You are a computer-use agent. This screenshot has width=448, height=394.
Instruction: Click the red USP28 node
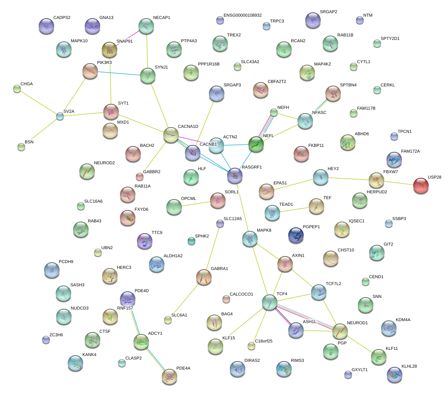point(421,186)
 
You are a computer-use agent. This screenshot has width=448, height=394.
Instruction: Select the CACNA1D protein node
point(171,135)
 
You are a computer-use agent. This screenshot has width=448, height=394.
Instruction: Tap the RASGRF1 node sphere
point(235,175)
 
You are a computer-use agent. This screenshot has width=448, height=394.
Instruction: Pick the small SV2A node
point(60,116)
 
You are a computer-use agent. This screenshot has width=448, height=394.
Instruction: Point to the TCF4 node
point(269,303)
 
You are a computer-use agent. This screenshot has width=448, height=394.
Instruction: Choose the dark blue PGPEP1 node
point(296,235)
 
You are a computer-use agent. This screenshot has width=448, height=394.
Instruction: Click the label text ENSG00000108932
point(243,15)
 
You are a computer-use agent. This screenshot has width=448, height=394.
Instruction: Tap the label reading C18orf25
point(264,341)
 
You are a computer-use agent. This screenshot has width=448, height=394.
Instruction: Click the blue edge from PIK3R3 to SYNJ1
point(119,74)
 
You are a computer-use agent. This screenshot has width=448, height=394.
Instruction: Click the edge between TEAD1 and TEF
point(294,210)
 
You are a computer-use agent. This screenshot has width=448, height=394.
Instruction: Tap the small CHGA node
point(17,89)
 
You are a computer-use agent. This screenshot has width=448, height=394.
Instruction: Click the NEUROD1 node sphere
point(340,331)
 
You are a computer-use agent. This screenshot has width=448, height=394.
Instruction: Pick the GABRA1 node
point(204,277)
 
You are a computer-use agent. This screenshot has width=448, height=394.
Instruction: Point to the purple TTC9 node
point(145,241)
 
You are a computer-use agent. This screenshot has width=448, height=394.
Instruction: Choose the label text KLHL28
point(409,366)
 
